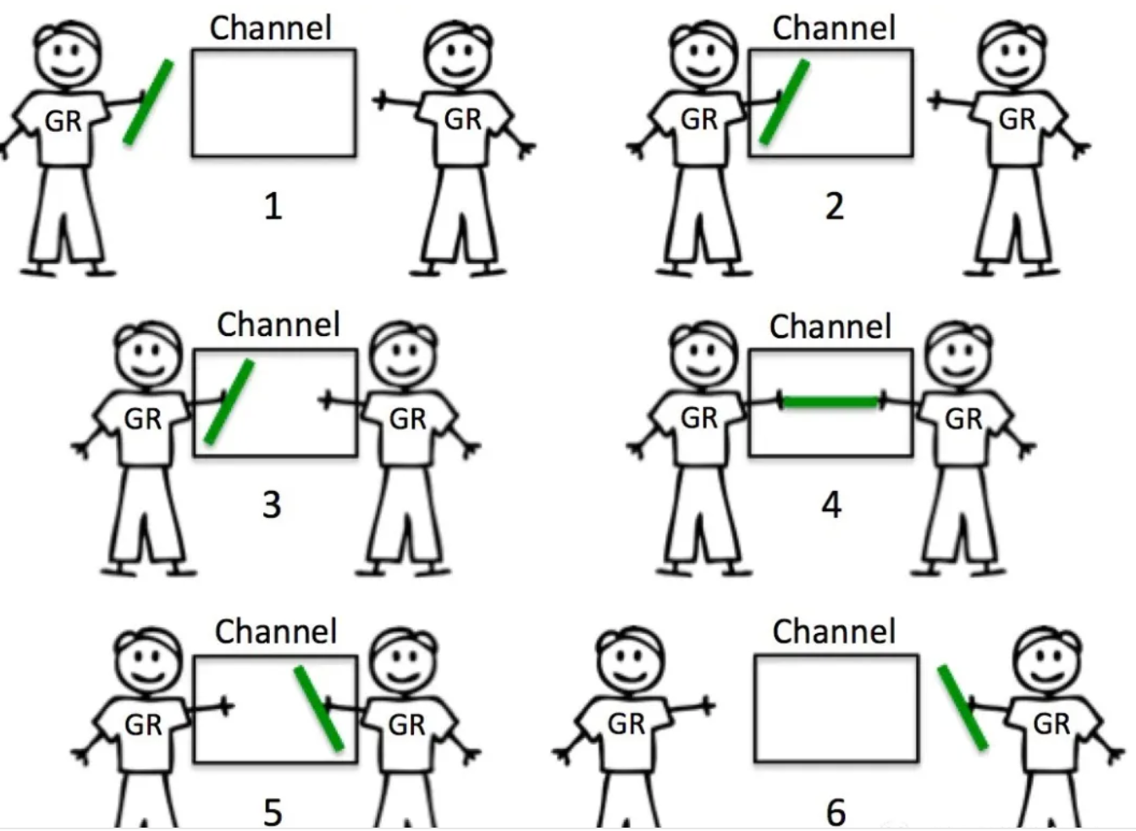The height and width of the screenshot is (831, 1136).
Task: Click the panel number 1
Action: pos(272,206)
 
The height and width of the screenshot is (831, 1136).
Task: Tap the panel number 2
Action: pos(834,206)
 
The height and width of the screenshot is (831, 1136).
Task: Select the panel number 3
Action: pos(271,504)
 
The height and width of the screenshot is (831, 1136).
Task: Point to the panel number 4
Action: pos(831,504)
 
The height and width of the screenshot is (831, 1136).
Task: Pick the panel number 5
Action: pos(272,811)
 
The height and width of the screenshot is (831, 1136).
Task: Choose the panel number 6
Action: pos(835,811)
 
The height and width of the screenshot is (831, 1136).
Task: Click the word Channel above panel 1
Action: pos(271,28)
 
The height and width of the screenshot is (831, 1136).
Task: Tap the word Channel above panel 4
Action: pos(830,327)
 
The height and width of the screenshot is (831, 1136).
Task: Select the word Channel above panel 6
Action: pos(834,631)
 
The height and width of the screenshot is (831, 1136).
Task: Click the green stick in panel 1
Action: pos(148,102)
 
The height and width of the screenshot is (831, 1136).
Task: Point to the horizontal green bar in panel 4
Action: pos(831,402)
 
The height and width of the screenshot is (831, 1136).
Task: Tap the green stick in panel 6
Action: pos(962,707)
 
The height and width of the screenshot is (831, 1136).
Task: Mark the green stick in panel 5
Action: pos(319,707)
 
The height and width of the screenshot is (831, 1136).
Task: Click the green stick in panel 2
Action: pos(785,102)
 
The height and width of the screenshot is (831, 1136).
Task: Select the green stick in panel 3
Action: pos(229,401)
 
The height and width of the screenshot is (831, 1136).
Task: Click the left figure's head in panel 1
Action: pos(68,51)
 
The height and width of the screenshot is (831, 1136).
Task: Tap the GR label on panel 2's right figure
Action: pos(1017,119)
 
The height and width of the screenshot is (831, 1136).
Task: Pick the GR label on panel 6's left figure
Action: pos(626,724)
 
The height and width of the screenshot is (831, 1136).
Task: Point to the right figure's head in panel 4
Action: pos(957,353)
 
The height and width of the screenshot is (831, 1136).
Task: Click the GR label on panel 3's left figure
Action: pos(142,419)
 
